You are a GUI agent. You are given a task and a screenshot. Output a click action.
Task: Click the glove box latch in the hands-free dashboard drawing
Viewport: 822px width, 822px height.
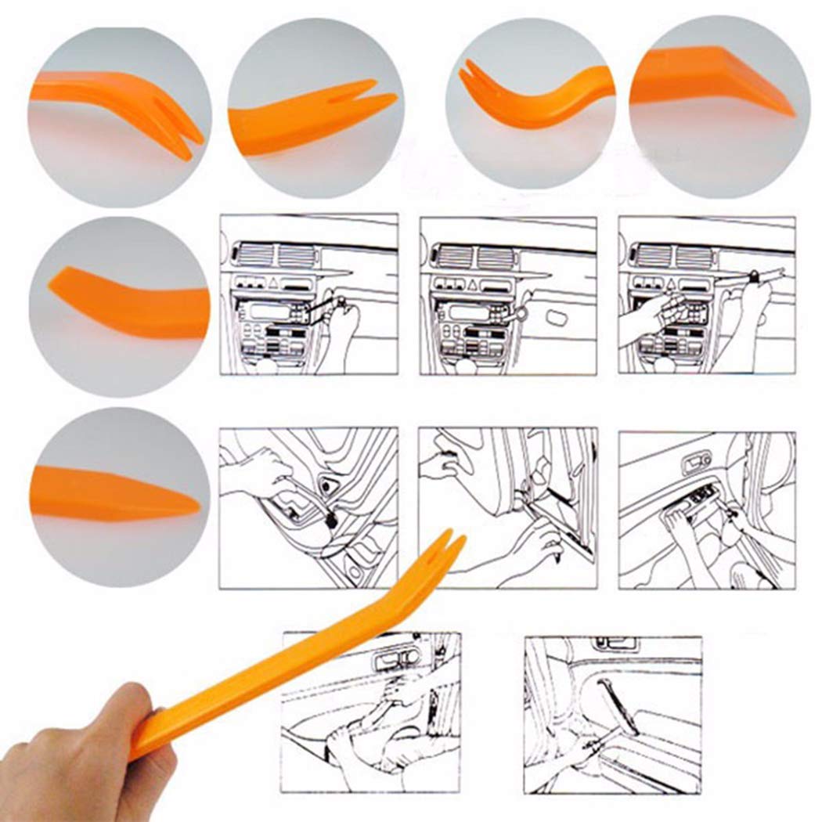pos(557,319)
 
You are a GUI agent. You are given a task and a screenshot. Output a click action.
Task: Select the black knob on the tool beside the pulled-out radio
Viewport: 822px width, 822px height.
pos(753,276)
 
